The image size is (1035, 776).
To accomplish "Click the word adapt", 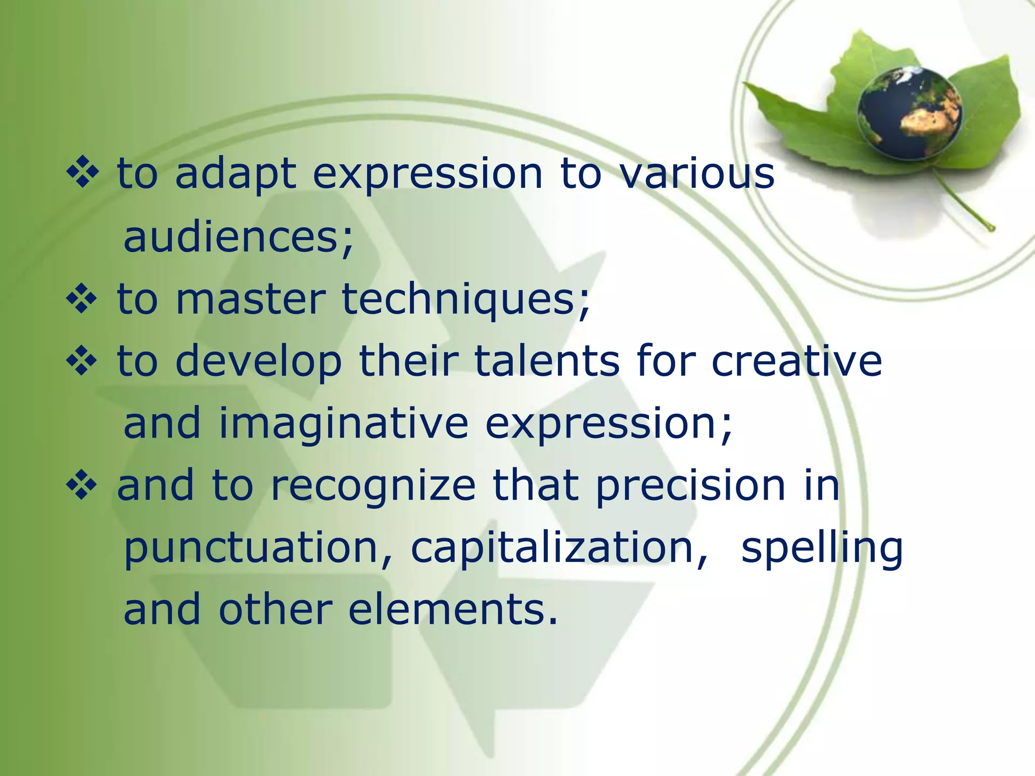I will tap(236, 174).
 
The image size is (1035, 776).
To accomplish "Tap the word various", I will tap(697, 173).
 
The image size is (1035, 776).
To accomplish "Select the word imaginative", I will tap(344, 425).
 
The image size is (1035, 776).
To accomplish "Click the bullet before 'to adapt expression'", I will tap(81, 173).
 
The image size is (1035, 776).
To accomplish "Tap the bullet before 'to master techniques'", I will tap(81, 299).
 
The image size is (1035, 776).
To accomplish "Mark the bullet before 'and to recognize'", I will tap(81, 486).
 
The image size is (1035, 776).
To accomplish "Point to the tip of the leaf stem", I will tap(992, 229).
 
